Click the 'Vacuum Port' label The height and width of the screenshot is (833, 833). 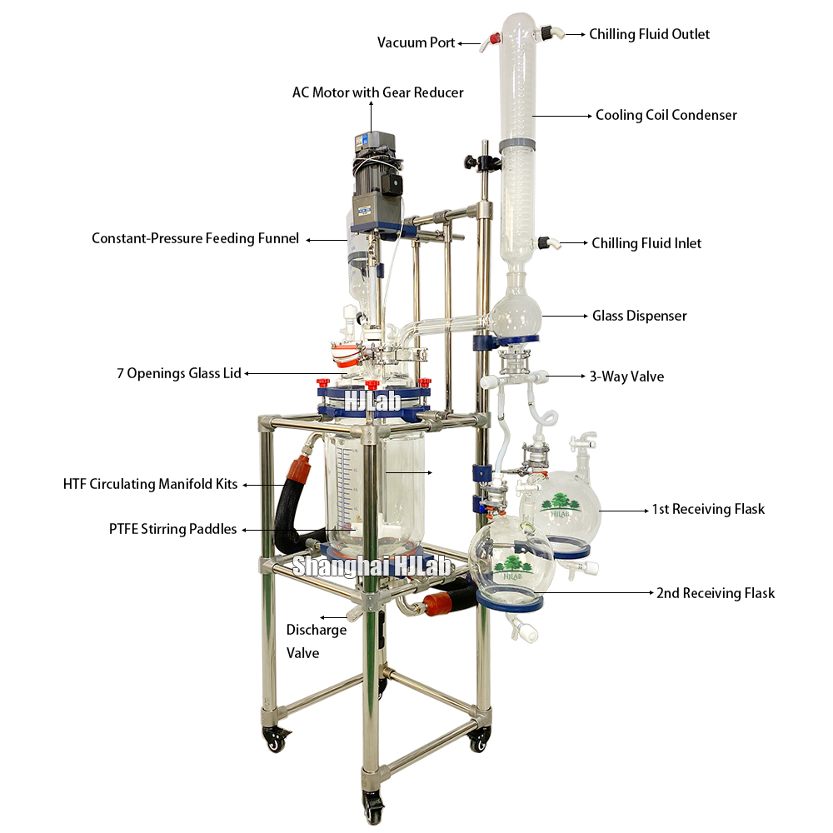(x=416, y=42)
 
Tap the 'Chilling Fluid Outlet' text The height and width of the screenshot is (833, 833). (x=649, y=34)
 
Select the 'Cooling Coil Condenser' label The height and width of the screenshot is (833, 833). (x=666, y=115)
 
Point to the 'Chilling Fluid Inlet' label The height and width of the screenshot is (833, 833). (x=646, y=243)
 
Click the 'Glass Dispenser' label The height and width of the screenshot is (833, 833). (x=639, y=316)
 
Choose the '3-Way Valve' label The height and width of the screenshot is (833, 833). (x=626, y=377)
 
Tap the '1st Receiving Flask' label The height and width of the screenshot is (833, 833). (x=707, y=509)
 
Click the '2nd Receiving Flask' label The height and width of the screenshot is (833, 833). (x=715, y=593)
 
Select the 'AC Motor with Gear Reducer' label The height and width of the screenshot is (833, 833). (x=377, y=92)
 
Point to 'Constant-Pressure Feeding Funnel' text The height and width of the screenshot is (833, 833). (x=195, y=239)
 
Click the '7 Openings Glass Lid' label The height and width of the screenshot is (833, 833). (x=178, y=373)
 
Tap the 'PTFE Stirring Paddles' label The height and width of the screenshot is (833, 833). (x=172, y=529)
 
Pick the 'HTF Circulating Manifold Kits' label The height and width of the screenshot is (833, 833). (x=150, y=484)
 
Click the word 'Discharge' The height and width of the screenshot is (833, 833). (x=316, y=630)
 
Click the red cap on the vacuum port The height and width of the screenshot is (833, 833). (x=493, y=37)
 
